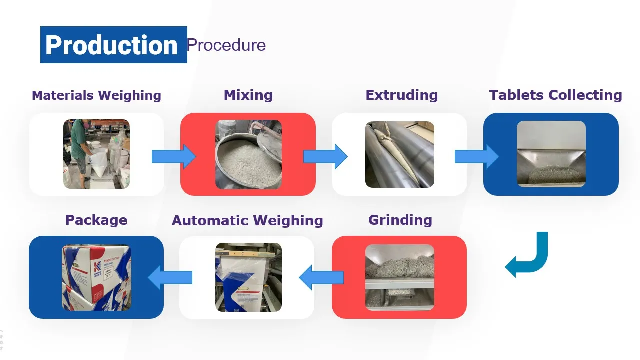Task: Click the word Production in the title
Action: pyautogui.click(x=111, y=45)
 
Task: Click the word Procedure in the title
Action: pyautogui.click(x=226, y=45)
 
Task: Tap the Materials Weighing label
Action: pyautogui.click(x=96, y=95)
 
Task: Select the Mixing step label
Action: pyautogui.click(x=248, y=95)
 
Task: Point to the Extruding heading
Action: pyautogui.click(x=401, y=95)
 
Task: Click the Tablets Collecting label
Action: pyautogui.click(x=555, y=95)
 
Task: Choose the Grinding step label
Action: pyautogui.click(x=400, y=220)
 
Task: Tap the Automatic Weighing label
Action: pyautogui.click(x=247, y=221)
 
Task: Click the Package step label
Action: pyautogui.click(x=96, y=220)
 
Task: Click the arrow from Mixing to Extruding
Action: pyautogui.click(x=325, y=156)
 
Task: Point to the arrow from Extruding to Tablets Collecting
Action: pyautogui.click(x=476, y=156)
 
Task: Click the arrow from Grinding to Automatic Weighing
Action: pyautogui.click(x=321, y=277)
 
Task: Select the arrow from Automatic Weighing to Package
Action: pyautogui.click(x=170, y=277)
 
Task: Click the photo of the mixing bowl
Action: pyautogui.click(x=248, y=154)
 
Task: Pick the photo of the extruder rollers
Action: pyautogui.click(x=399, y=154)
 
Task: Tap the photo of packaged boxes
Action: pyautogui.click(x=96, y=277)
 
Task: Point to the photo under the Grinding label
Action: pyautogui.click(x=399, y=277)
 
